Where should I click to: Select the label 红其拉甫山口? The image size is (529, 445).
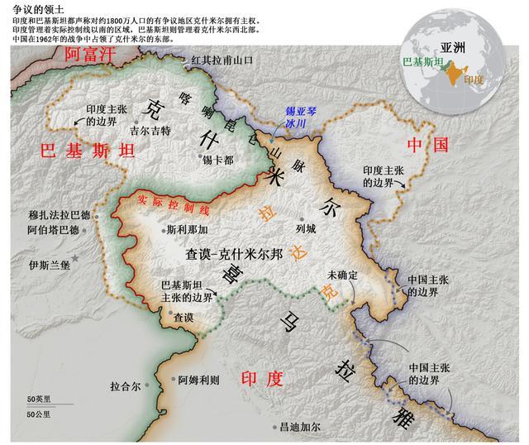pos(221,60)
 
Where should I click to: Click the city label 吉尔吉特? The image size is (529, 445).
pos(150,130)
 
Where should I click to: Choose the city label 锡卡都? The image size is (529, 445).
pos(218,160)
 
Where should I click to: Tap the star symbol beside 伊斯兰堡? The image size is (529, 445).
pos(76,260)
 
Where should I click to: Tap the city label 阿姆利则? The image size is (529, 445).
pos(198,380)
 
